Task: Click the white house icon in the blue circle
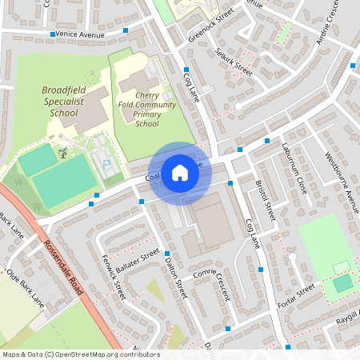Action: [180, 172]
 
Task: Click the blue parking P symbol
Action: [106, 164]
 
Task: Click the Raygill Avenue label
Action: [341, 320]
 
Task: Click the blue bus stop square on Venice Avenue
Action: [126, 31]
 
